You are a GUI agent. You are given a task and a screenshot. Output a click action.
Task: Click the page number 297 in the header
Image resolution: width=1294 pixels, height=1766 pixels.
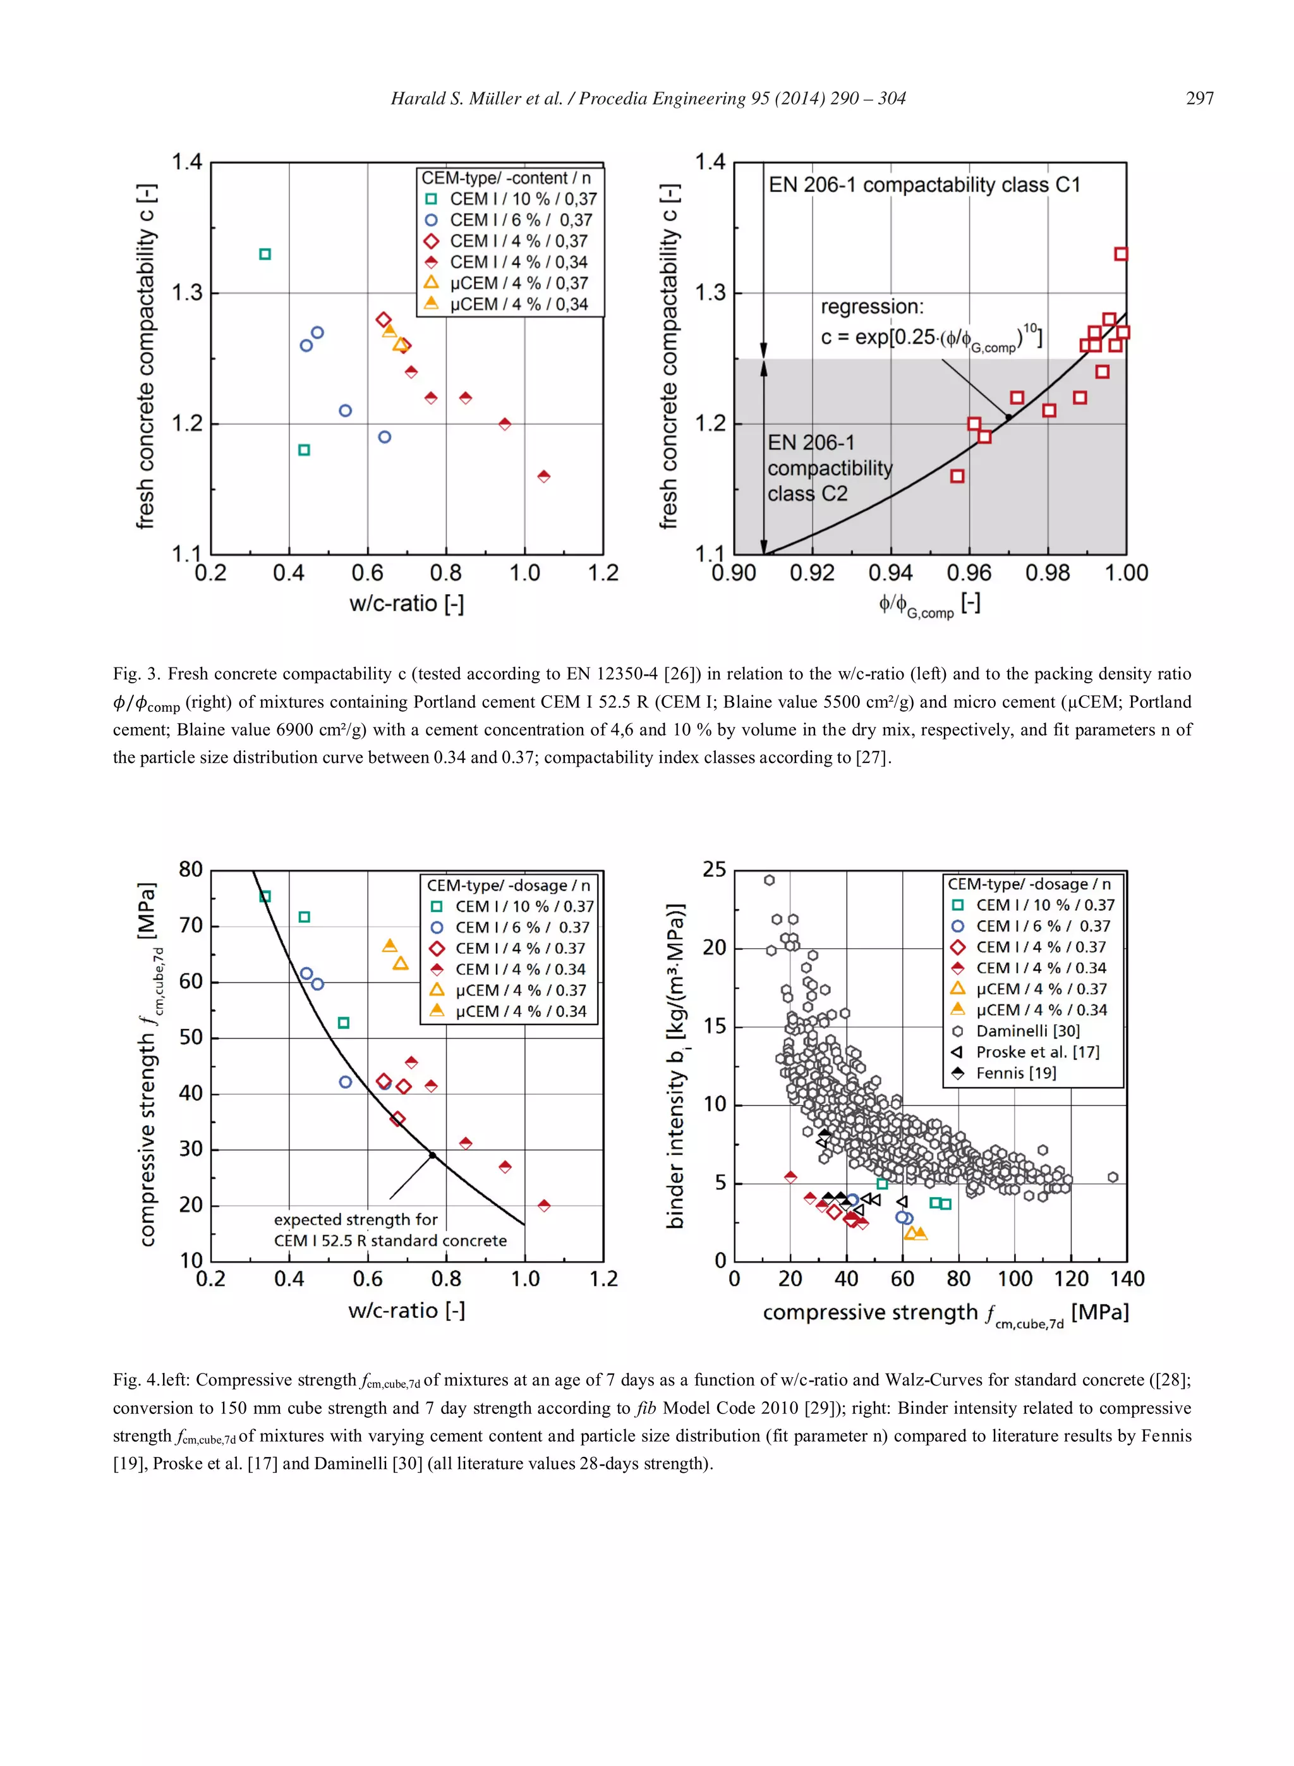point(1199,99)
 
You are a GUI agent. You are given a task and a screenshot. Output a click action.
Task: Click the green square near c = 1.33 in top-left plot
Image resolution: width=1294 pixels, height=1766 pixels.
point(265,254)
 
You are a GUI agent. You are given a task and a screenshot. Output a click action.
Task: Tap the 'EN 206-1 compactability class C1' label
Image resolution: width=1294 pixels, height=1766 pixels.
point(924,185)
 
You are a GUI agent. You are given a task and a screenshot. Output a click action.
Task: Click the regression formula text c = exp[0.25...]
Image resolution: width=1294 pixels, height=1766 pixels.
point(931,337)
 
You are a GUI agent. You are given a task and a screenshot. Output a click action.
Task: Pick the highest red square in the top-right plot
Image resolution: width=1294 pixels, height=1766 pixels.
point(1121,254)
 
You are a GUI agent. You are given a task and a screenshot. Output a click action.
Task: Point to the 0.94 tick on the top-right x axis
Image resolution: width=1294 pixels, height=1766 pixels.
point(891,573)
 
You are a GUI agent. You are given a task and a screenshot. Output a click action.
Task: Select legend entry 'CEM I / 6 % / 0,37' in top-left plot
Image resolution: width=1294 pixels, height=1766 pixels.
point(520,220)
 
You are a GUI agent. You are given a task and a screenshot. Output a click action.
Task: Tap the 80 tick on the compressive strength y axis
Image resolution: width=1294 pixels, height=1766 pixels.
point(190,870)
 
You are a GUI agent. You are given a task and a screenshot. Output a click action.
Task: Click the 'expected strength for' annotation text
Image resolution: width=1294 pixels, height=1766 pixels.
point(356,1219)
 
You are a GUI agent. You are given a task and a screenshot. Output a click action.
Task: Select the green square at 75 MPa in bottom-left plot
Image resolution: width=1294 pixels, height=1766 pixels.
point(265,896)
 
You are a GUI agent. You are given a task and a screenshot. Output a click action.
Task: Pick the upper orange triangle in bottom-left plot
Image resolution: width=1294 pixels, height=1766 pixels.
point(389,946)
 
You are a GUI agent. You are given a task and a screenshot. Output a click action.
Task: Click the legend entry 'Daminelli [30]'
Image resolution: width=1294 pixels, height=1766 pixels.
point(1027,1031)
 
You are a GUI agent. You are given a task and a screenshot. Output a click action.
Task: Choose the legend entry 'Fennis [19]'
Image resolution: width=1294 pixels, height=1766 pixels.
point(1015,1073)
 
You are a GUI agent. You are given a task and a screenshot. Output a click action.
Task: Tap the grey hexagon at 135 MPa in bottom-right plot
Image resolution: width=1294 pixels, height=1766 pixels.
point(1112,1177)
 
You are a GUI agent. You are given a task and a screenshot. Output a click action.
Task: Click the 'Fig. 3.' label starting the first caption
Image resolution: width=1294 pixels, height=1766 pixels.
point(137,674)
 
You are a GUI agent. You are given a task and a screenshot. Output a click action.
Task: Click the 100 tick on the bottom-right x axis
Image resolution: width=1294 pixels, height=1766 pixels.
point(1014,1279)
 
